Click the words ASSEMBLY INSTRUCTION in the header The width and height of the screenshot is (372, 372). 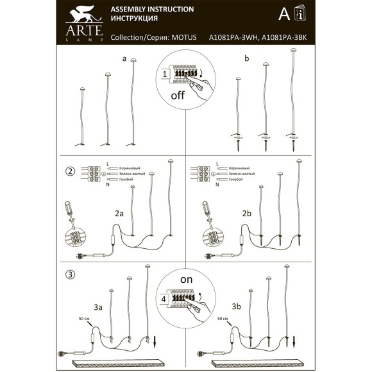153,10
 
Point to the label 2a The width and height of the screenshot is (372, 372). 119,213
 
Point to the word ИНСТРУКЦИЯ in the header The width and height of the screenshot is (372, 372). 134,20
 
